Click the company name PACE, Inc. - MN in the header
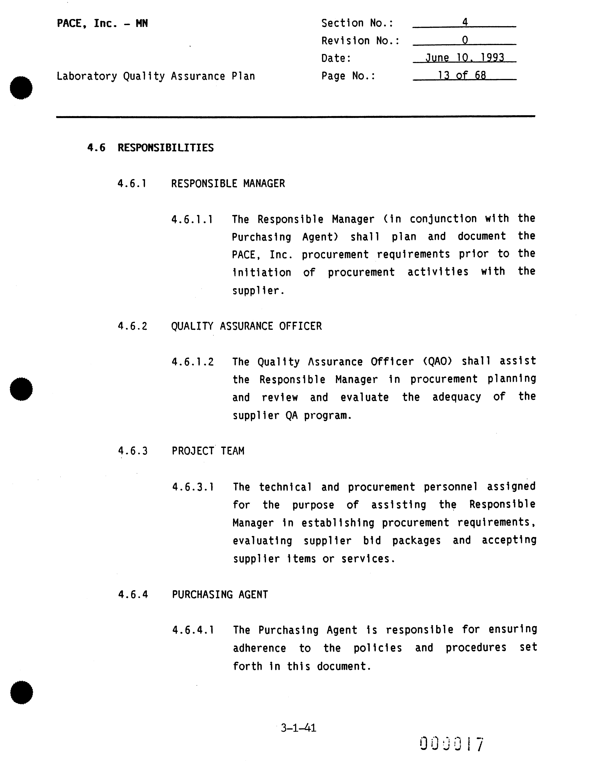point(102,24)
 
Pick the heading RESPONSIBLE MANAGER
point(228,184)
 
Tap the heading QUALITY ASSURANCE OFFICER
point(246,326)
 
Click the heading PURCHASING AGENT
point(220,594)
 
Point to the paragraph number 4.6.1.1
point(192,220)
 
